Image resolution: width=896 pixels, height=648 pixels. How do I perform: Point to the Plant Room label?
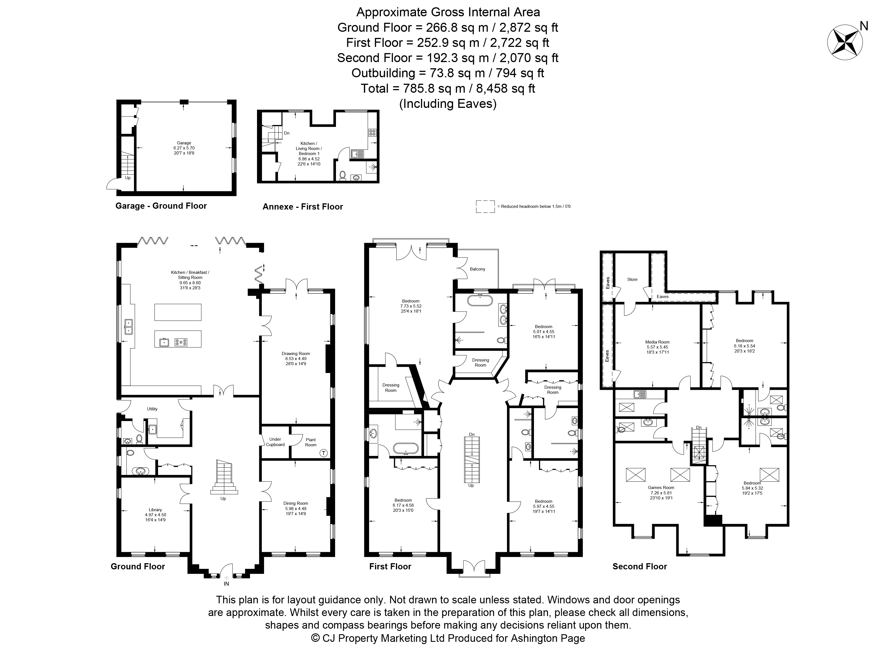click(311, 442)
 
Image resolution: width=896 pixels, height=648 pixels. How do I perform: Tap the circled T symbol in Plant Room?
click(324, 453)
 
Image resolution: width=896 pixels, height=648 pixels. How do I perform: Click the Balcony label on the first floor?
click(477, 269)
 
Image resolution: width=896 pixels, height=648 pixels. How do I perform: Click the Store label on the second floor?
click(632, 279)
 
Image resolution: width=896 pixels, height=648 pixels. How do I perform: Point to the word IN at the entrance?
click(226, 584)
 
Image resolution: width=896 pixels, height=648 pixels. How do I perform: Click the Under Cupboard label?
click(275, 442)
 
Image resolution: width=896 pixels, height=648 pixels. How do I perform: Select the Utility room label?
click(152, 409)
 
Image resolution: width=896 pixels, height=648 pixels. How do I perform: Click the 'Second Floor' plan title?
click(640, 567)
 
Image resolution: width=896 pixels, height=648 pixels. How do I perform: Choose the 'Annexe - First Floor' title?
click(303, 207)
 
